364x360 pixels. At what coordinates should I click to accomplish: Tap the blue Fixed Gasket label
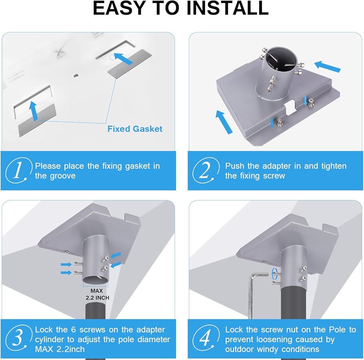coord(135,129)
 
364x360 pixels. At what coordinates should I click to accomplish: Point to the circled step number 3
coord(19,338)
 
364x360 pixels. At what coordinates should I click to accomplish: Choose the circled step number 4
coord(206,338)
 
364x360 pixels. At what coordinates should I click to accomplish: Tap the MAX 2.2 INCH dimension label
coord(97,294)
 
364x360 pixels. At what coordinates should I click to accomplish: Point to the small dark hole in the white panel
coord(76,75)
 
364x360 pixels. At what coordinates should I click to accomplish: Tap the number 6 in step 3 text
coord(74,329)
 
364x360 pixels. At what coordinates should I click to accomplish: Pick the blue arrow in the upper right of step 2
coord(327,66)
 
